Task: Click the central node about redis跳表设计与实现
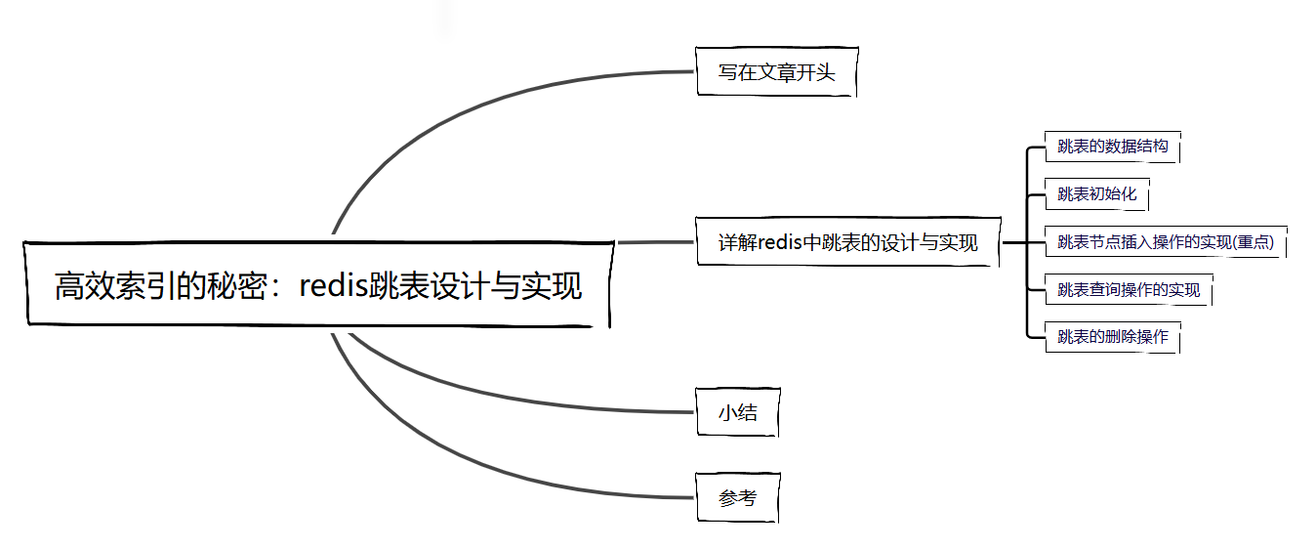[318, 285]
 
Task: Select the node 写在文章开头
[777, 72]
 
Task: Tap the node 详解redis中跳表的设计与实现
[847, 242]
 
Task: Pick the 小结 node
[738, 412]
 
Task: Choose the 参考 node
[738, 498]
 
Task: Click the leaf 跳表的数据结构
[1112, 147]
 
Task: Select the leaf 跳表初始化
[1097, 193]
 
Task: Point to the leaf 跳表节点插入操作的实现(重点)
[1166, 242]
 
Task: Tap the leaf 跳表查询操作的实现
[1129, 290]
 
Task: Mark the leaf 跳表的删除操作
[1112, 337]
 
